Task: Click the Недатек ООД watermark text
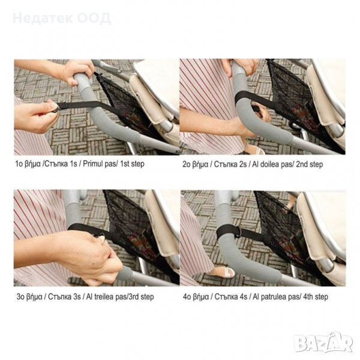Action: pyautogui.click(x=62, y=19)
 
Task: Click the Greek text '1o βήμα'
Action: pyautogui.click(x=28, y=164)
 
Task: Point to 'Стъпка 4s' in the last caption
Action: pyautogui.click(x=231, y=296)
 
